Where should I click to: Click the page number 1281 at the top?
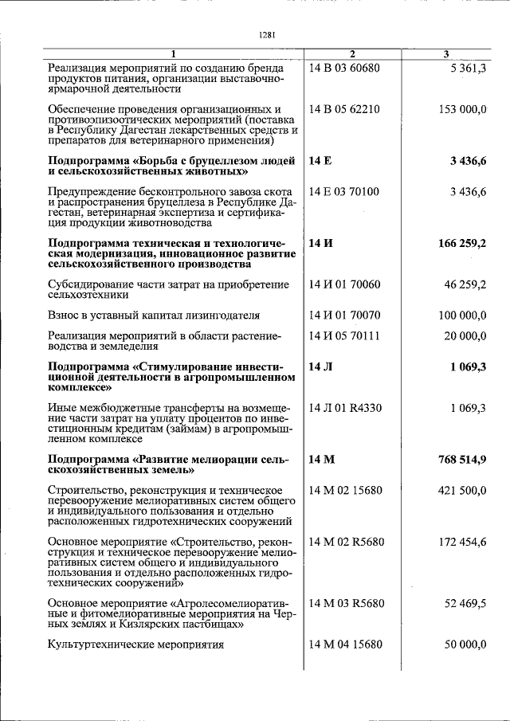(x=267, y=34)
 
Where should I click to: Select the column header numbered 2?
(x=351, y=53)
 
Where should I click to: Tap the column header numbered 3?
(x=446, y=53)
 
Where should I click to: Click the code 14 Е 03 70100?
(x=344, y=191)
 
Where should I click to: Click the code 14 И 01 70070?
(x=344, y=315)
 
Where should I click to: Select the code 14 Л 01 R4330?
(x=345, y=408)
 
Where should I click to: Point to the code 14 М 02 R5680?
(x=347, y=542)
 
